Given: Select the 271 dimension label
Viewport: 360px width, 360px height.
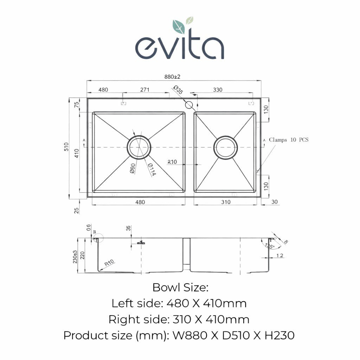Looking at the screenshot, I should tap(145, 90).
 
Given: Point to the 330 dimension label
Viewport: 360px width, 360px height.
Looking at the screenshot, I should tap(218, 90).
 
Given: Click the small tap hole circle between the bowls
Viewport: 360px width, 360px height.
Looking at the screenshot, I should tap(189, 105).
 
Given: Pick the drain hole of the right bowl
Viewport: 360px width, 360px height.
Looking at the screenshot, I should tap(226, 147).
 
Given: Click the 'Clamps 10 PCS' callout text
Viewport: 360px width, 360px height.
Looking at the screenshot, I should tap(289, 140).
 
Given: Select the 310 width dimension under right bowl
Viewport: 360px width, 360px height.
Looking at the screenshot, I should tap(226, 202).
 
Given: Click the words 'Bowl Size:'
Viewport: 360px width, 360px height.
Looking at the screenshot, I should tap(180, 288).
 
